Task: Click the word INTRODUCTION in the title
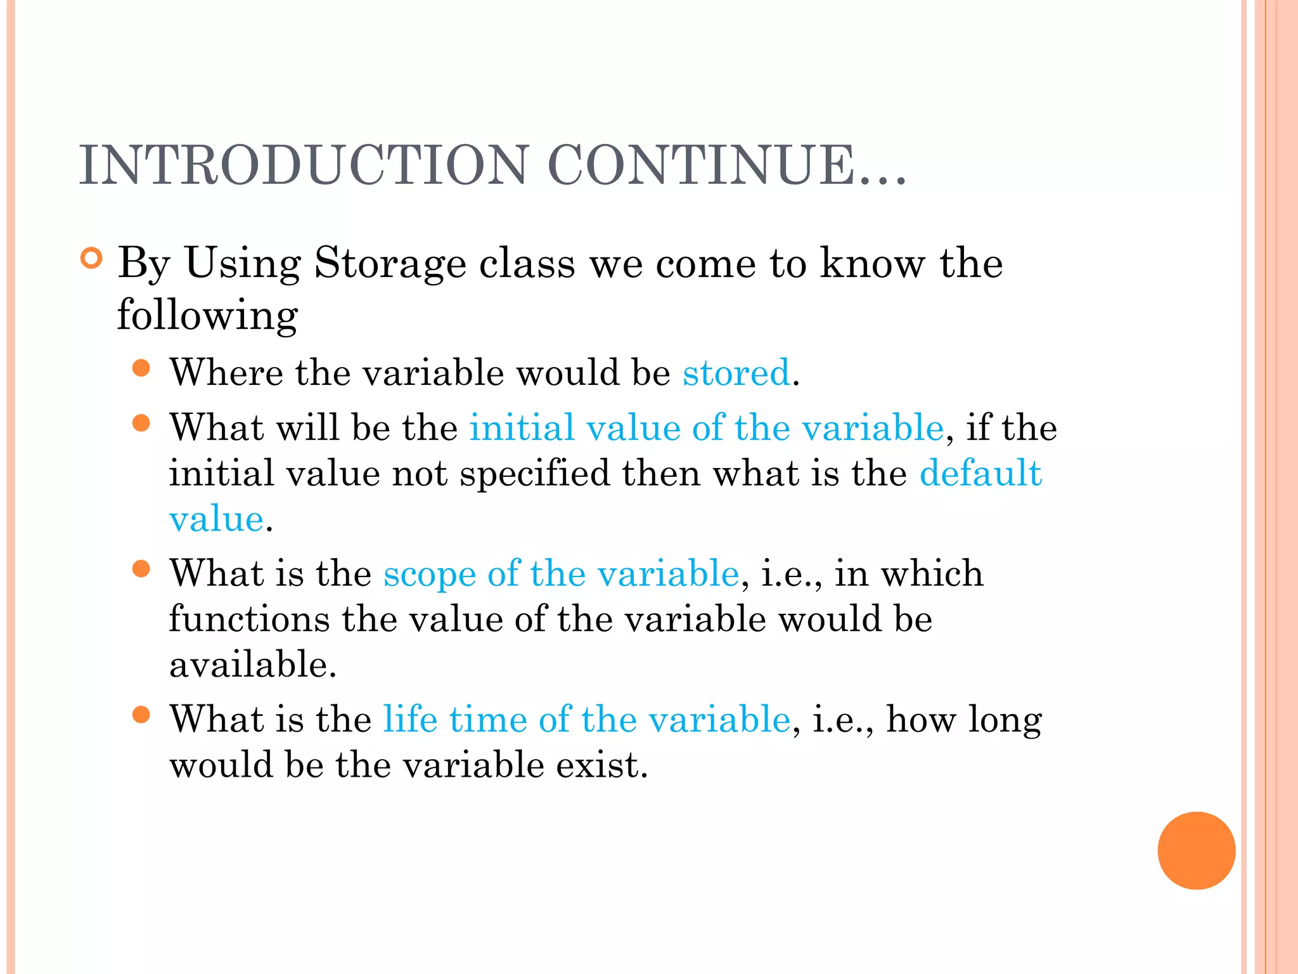(x=304, y=166)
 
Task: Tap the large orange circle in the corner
(x=1196, y=850)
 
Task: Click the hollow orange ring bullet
(x=92, y=259)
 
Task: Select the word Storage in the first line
(x=390, y=263)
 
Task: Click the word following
(x=207, y=315)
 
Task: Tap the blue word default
(x=980, y=473)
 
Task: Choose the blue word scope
(x=429, y=574)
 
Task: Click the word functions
(x=249, y=619)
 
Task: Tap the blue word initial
(x=521, y=427)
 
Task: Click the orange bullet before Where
(x=141, y=368)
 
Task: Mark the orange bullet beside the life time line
(x=141, y=715)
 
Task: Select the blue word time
(x=488, y=720)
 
